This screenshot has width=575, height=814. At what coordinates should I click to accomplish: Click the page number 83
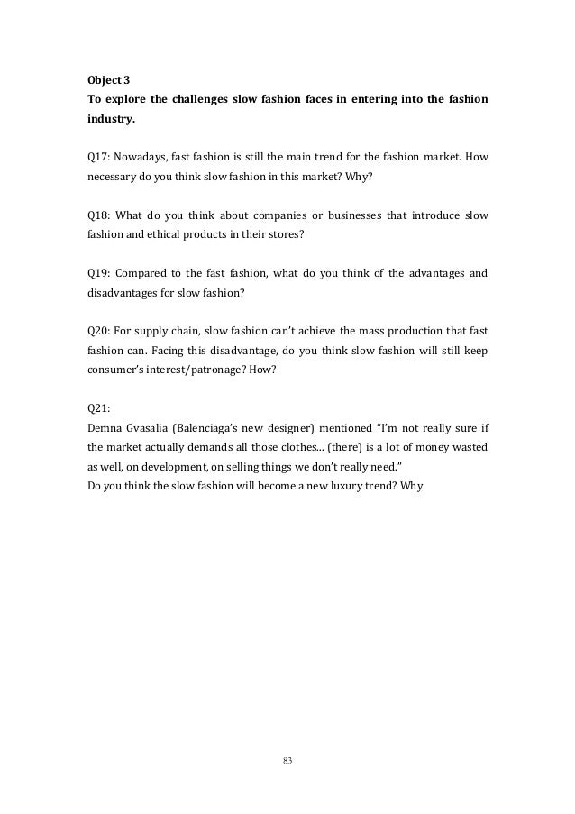click(x=287, y=763)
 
